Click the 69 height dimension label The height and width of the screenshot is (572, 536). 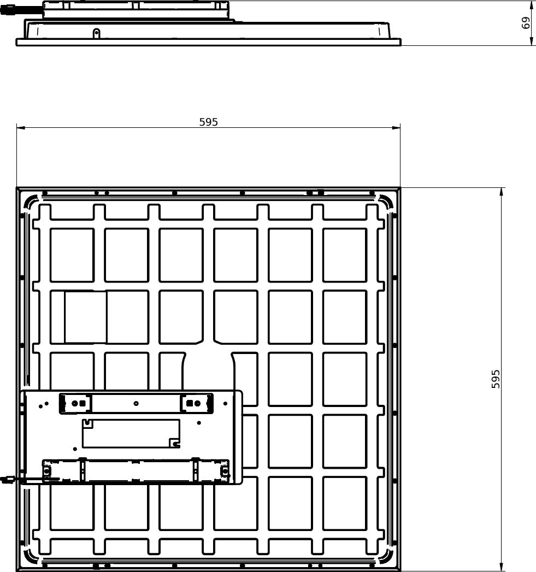(526, 22)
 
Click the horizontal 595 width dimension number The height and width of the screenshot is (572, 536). (208, 122)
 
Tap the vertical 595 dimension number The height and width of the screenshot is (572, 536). (496, 379)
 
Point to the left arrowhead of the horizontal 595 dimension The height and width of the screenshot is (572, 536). (20, 127)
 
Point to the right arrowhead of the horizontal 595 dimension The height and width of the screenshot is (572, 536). (396, 127)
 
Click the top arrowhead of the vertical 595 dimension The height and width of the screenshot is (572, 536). (502, 192)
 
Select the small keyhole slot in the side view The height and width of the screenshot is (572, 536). (96, 33)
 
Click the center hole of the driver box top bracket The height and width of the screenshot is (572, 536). (136, 403)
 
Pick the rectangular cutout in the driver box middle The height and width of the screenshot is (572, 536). (131, 433)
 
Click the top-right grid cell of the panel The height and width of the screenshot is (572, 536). (345, 255)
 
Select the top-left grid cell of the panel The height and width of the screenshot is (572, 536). (72, 255)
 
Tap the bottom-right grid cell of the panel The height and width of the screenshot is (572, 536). (345, 503)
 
